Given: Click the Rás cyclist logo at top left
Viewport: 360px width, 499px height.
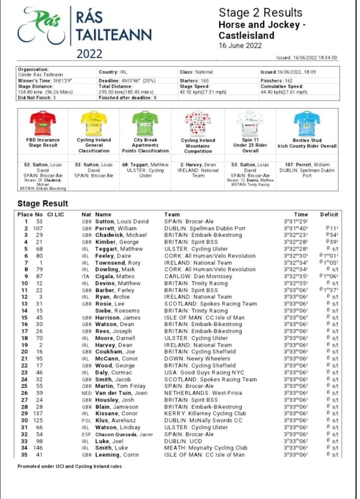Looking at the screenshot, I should [x=41, y=27].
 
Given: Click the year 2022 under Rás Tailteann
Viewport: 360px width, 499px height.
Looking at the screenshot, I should [x=90, y=54].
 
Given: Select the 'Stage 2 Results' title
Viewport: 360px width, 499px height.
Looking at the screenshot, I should [x=253, y=13].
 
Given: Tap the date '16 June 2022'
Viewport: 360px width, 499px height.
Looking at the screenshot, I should [x=240, y=46].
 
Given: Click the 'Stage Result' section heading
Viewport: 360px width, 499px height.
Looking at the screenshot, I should [x=43, y=204].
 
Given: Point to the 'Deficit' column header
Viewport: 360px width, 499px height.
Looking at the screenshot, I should [x=329, y=214].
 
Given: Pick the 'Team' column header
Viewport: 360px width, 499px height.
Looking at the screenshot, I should [x=172, y=214].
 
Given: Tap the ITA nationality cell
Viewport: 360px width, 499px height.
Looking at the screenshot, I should [x=87, y=276].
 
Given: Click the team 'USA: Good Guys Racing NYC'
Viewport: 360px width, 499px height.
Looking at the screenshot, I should [x=204, y=372].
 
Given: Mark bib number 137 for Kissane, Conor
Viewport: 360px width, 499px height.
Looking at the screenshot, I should [x=38, y=414].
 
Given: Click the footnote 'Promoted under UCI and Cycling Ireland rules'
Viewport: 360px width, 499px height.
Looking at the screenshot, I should [x=70, y=466].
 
